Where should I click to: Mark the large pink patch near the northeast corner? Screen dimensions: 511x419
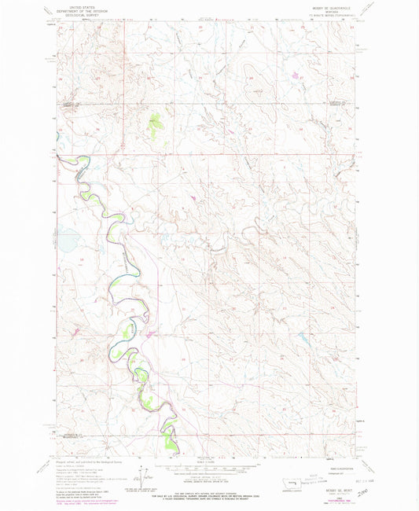pos(295,76)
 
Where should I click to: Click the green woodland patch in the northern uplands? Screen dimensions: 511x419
pos(155,122)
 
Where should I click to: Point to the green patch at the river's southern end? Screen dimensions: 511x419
pos(171,442)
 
